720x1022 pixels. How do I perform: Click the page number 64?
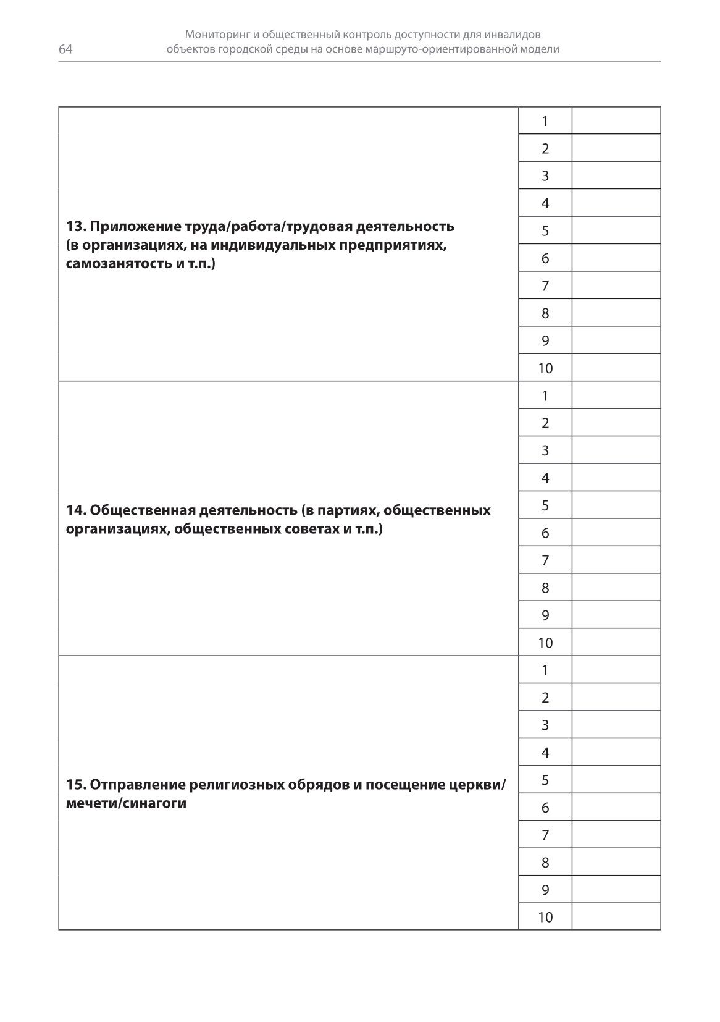click(x=65, y=49)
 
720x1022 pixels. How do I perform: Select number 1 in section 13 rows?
click(x=545, y=121)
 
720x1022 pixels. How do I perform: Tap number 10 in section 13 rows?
click(x=545, y=368)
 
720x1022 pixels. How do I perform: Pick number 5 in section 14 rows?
click(x=545, y=505)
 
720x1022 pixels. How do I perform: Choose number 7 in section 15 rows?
click(x=545, y=835)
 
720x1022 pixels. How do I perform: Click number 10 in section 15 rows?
click(x=545, y=917)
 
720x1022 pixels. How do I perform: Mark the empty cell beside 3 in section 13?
click(x=616, y=175)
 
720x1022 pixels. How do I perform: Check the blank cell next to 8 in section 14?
click(x=616, y=588)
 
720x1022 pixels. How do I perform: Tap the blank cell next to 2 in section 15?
click(x=616, y=698)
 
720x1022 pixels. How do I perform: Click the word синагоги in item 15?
click(x=161, y=803)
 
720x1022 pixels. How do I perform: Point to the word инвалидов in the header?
click(x=515, y=35)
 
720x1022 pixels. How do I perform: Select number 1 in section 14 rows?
click(x=545, y=395)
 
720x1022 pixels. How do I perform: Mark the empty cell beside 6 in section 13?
click(x=616, y=258)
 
